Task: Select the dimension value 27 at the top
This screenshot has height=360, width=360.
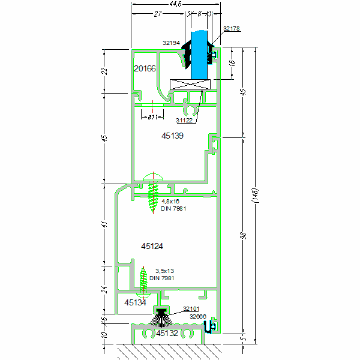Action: coord(158,13)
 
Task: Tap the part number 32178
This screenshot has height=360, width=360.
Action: coord(231,28)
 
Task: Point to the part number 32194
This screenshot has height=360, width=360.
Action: coord(172,43)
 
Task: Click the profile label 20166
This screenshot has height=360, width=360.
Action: coord(145,68)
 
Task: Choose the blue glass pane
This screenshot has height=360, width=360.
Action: coord(200,54)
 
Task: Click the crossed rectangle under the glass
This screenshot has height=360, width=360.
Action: coord(190,85)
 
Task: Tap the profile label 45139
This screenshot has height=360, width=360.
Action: coord(172,136)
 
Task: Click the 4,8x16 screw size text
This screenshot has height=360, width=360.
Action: coord(170,201)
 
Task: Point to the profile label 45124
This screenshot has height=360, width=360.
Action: coord(152,246)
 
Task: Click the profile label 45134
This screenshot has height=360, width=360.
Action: coord(135,303)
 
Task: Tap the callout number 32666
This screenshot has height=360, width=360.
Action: coord(197,316)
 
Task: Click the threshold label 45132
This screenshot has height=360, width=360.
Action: coord(167,333)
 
